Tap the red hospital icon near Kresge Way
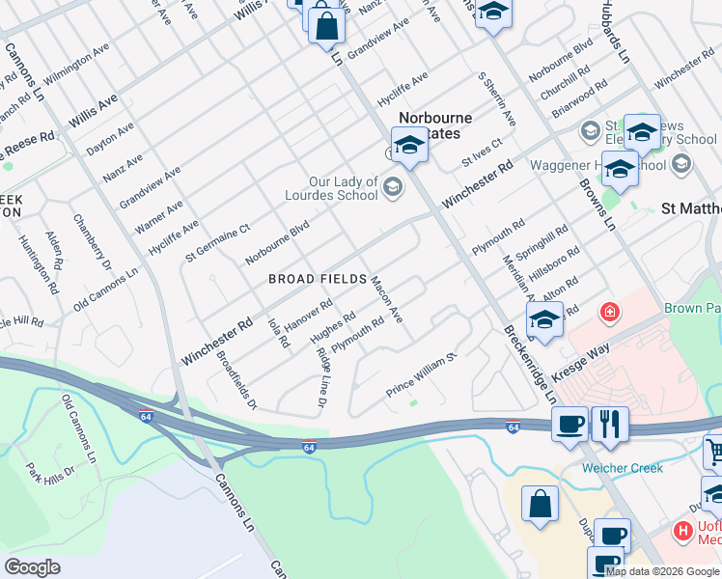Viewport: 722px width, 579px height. [x=609, y=312]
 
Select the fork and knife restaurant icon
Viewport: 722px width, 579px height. [x=610, y=424]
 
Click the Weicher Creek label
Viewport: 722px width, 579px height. [x=622, y=468]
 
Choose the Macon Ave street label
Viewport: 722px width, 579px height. [x=387, y=298]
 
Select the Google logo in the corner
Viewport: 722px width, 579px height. [x=32, y=566]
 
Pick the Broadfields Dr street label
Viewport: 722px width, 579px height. [x=236, y=380]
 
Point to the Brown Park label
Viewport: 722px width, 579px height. [x=692, y=309]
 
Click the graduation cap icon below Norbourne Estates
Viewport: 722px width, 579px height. [x=409, y=147]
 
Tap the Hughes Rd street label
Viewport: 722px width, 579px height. [x=333, y=327]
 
